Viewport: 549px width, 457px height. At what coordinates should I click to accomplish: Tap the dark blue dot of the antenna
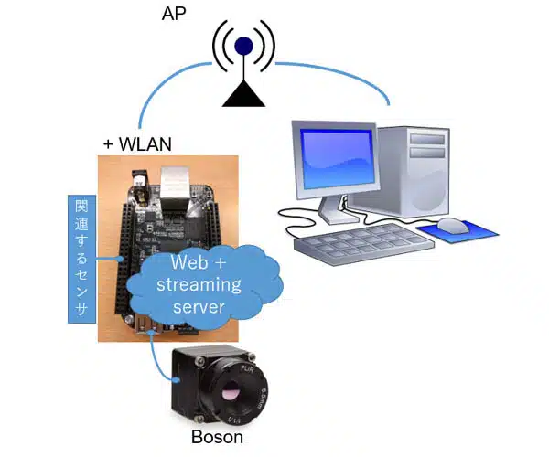point(242,46)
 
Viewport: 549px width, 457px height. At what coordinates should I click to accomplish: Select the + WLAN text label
point(138,144)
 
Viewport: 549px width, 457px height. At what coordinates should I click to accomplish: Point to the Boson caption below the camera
point(217,437)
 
